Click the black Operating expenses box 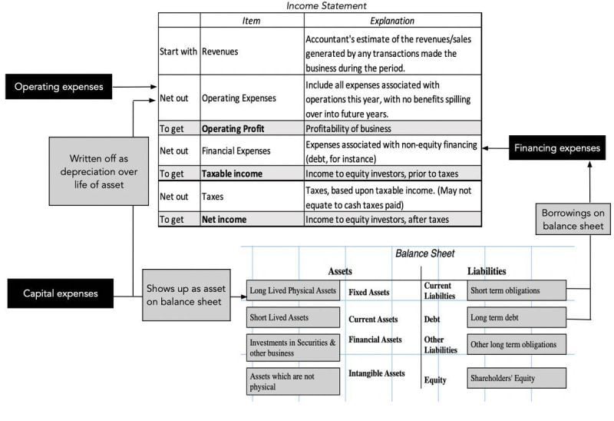point(58,86)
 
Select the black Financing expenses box point(557,148)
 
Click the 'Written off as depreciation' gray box point(98,171)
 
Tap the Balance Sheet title point(424,253)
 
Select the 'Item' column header point(252,21)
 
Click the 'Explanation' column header point(391,21)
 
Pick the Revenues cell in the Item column point(220,51)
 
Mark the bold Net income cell point(223,219)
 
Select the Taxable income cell point(232,174)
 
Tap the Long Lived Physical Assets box point(292,291)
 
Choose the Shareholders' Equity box point(517,378)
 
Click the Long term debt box point(517,317)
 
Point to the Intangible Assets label point(376,373)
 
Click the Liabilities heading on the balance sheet point(487,270)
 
